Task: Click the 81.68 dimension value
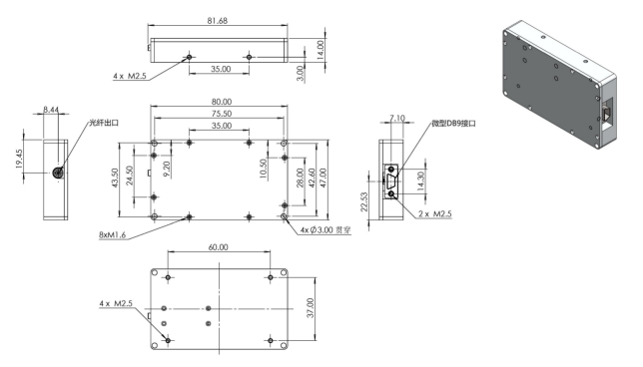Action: coord(218,21)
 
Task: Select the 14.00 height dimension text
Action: coord(321,50)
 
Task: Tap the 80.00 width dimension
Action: coord(222,102)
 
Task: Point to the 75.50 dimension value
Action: coord(222,114)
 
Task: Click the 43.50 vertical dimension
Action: coord(115,179)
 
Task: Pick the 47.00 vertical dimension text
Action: coord(323,178)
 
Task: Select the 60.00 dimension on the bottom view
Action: coord(218,247)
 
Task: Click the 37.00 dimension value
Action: coord(311,308)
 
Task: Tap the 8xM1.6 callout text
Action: coord(113,235)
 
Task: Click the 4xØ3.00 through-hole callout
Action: coord(325,230)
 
